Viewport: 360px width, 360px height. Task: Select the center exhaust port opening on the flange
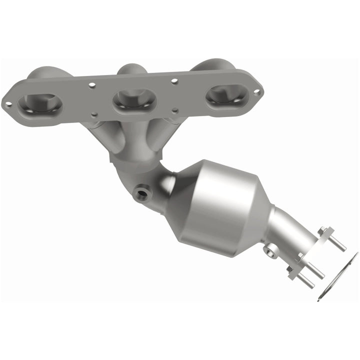[134, 100]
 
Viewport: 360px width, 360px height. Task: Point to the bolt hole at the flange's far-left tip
[8, 104]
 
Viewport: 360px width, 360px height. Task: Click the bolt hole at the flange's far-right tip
[257, 92]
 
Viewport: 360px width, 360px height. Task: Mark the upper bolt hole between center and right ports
[174, 80]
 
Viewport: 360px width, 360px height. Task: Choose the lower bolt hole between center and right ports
[175, 111]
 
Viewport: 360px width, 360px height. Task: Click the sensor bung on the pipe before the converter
[141, 191]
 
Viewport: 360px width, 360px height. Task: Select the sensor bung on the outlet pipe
[271, 250]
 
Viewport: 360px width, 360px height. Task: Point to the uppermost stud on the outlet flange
[336, 243]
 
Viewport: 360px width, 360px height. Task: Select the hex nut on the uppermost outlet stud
[324, 232]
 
